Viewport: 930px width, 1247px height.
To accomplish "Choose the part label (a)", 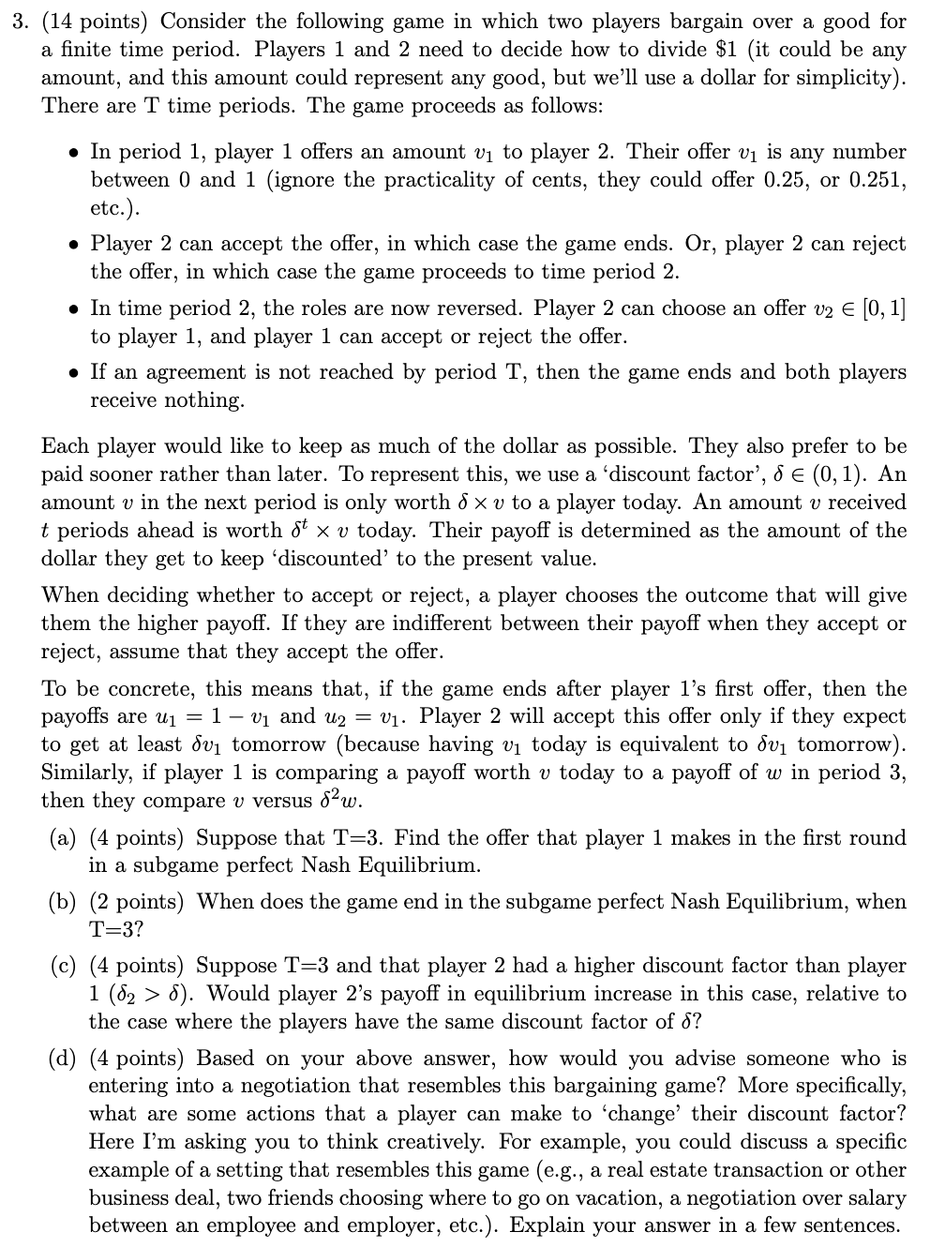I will pos(62,838).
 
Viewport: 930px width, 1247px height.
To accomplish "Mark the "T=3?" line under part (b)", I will pos(115,930).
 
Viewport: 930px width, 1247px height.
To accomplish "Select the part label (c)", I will pos(62,966).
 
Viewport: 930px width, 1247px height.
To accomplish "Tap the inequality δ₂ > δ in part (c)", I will pos(150,994).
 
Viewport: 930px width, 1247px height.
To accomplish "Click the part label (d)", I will pos(62,1059).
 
